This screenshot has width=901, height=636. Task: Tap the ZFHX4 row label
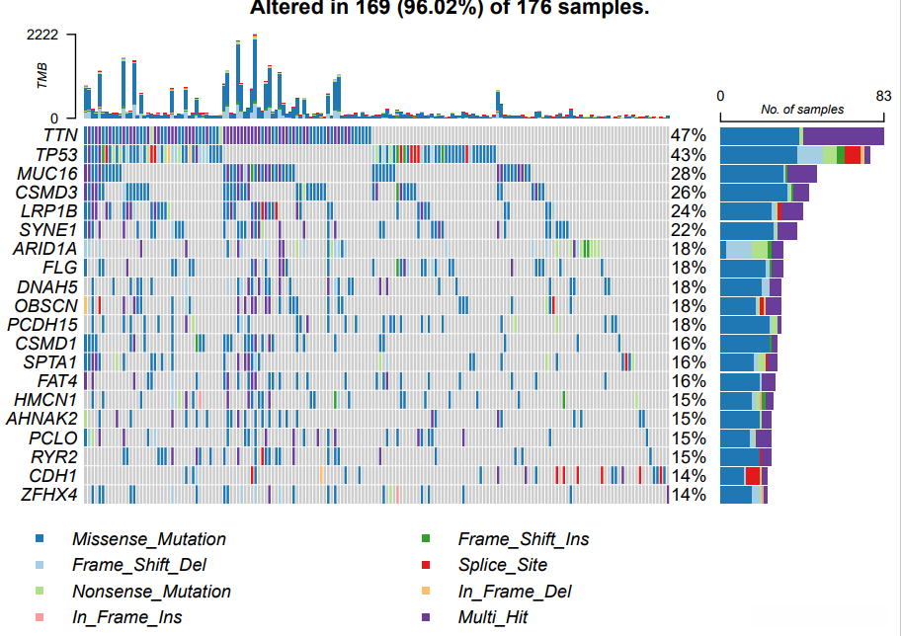pyautogui.click(x=49, y=494)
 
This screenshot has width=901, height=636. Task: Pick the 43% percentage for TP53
pyautogui.click(x=688, y=155)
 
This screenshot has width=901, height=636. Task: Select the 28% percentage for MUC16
pyautogui.click(x=688, y=174)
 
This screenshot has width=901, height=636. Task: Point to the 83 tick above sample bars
pyautogui.click(x=883, y=95)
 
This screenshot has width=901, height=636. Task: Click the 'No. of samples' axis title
pyautogui.click(x=802, y=110)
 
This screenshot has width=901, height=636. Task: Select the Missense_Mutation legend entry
pyautogui.click(x=148, y=539)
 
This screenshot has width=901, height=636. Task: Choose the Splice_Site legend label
pyautogui.click(x=502, y=565)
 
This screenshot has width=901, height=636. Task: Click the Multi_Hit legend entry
pyautogui.click(x=492, y=617)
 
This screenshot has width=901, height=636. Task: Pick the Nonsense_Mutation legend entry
pyautogui.click(x=151, y=592)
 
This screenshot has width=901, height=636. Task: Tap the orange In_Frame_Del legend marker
pyautogui.click(x=426, y=592)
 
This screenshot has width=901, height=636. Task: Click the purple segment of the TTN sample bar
pyautogui.click(x=844, y=136)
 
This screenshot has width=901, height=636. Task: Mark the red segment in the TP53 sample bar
pyautogui.click(x=852, y=155)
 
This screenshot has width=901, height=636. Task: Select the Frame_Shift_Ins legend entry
pyautogui.click(x=523, y=539)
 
